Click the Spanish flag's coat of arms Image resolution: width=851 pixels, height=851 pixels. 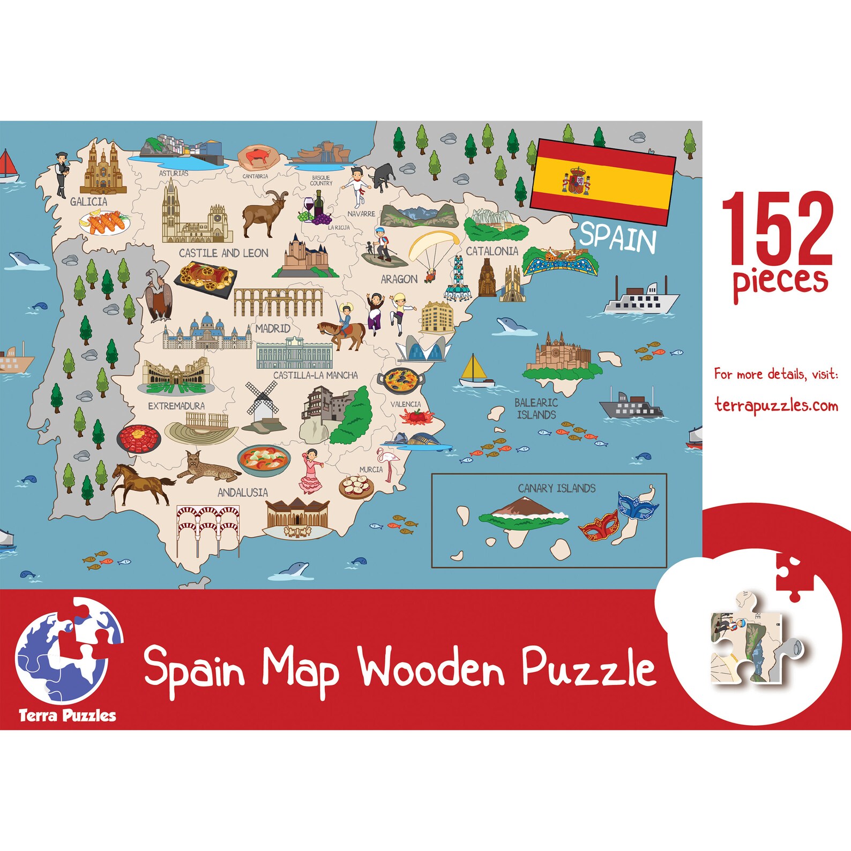pyautogui.click(x=576, y=181)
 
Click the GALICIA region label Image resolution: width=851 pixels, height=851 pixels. pyautogui.click(x=89, y=202)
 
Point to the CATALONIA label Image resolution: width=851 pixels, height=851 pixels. pyautogui.click(x=491, y=251)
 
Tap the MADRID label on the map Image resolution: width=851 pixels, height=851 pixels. pyautogui.click(x=272, y=328)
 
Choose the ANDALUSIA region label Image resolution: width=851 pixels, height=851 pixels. pyautogui.click(x=242, y=492)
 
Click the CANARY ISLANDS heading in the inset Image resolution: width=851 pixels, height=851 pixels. pyautogui.click(x=556, y=488)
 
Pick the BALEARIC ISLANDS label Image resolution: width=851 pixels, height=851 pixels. pyautogui.click(x=536, y=408)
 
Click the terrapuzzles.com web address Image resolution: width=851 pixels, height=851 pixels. pyautogui.click(x=776, y=406)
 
